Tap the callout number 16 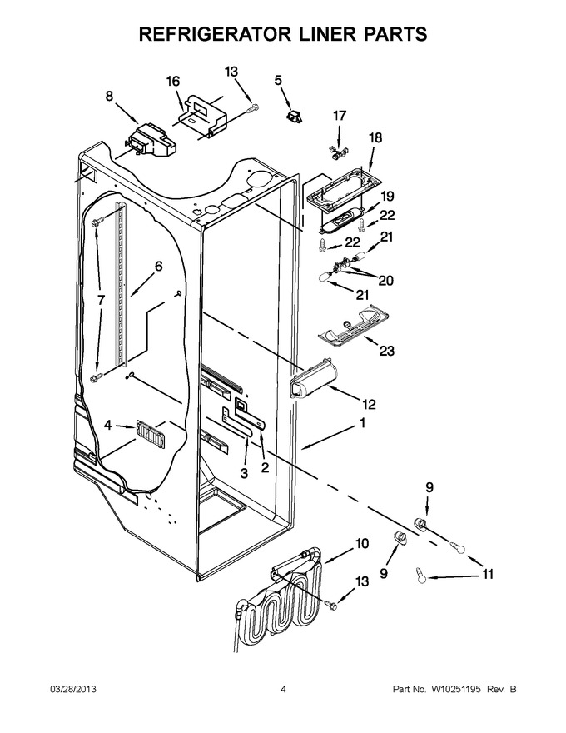(x=173, y=82)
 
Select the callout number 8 (x=109, y=97)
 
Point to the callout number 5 (x=278, y=81)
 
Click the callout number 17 (x=340, y=116)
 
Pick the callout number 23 (x=387, y=350)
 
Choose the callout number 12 (x=369, y=404)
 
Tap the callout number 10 (x=361, y=544)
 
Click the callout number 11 (x=488, y=574)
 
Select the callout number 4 (x=108, y=426)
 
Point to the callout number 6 (x=158, y=267)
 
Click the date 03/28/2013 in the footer (x=73, y=689)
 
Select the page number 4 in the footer (x=283, y=689)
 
